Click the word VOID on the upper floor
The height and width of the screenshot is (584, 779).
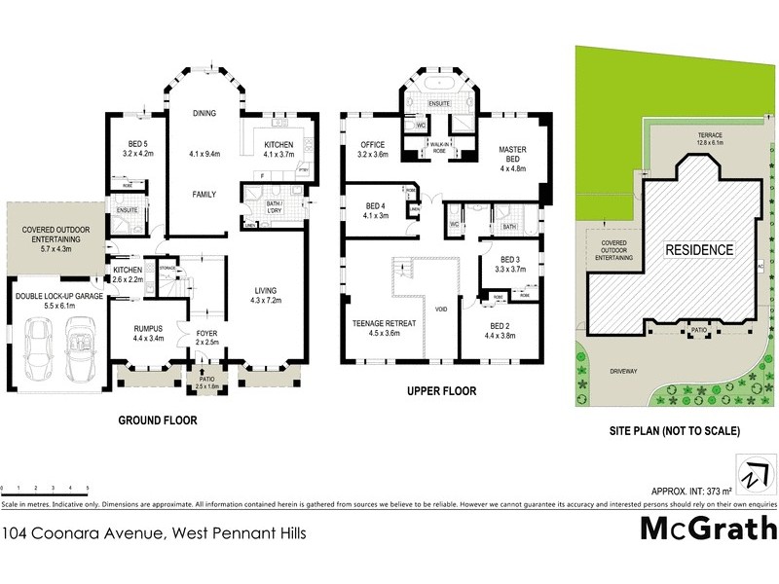(x=441, y=310)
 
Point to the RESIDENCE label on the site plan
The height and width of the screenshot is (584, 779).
(x=698, y=250)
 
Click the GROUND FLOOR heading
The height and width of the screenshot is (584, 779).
(x=158, y=421)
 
